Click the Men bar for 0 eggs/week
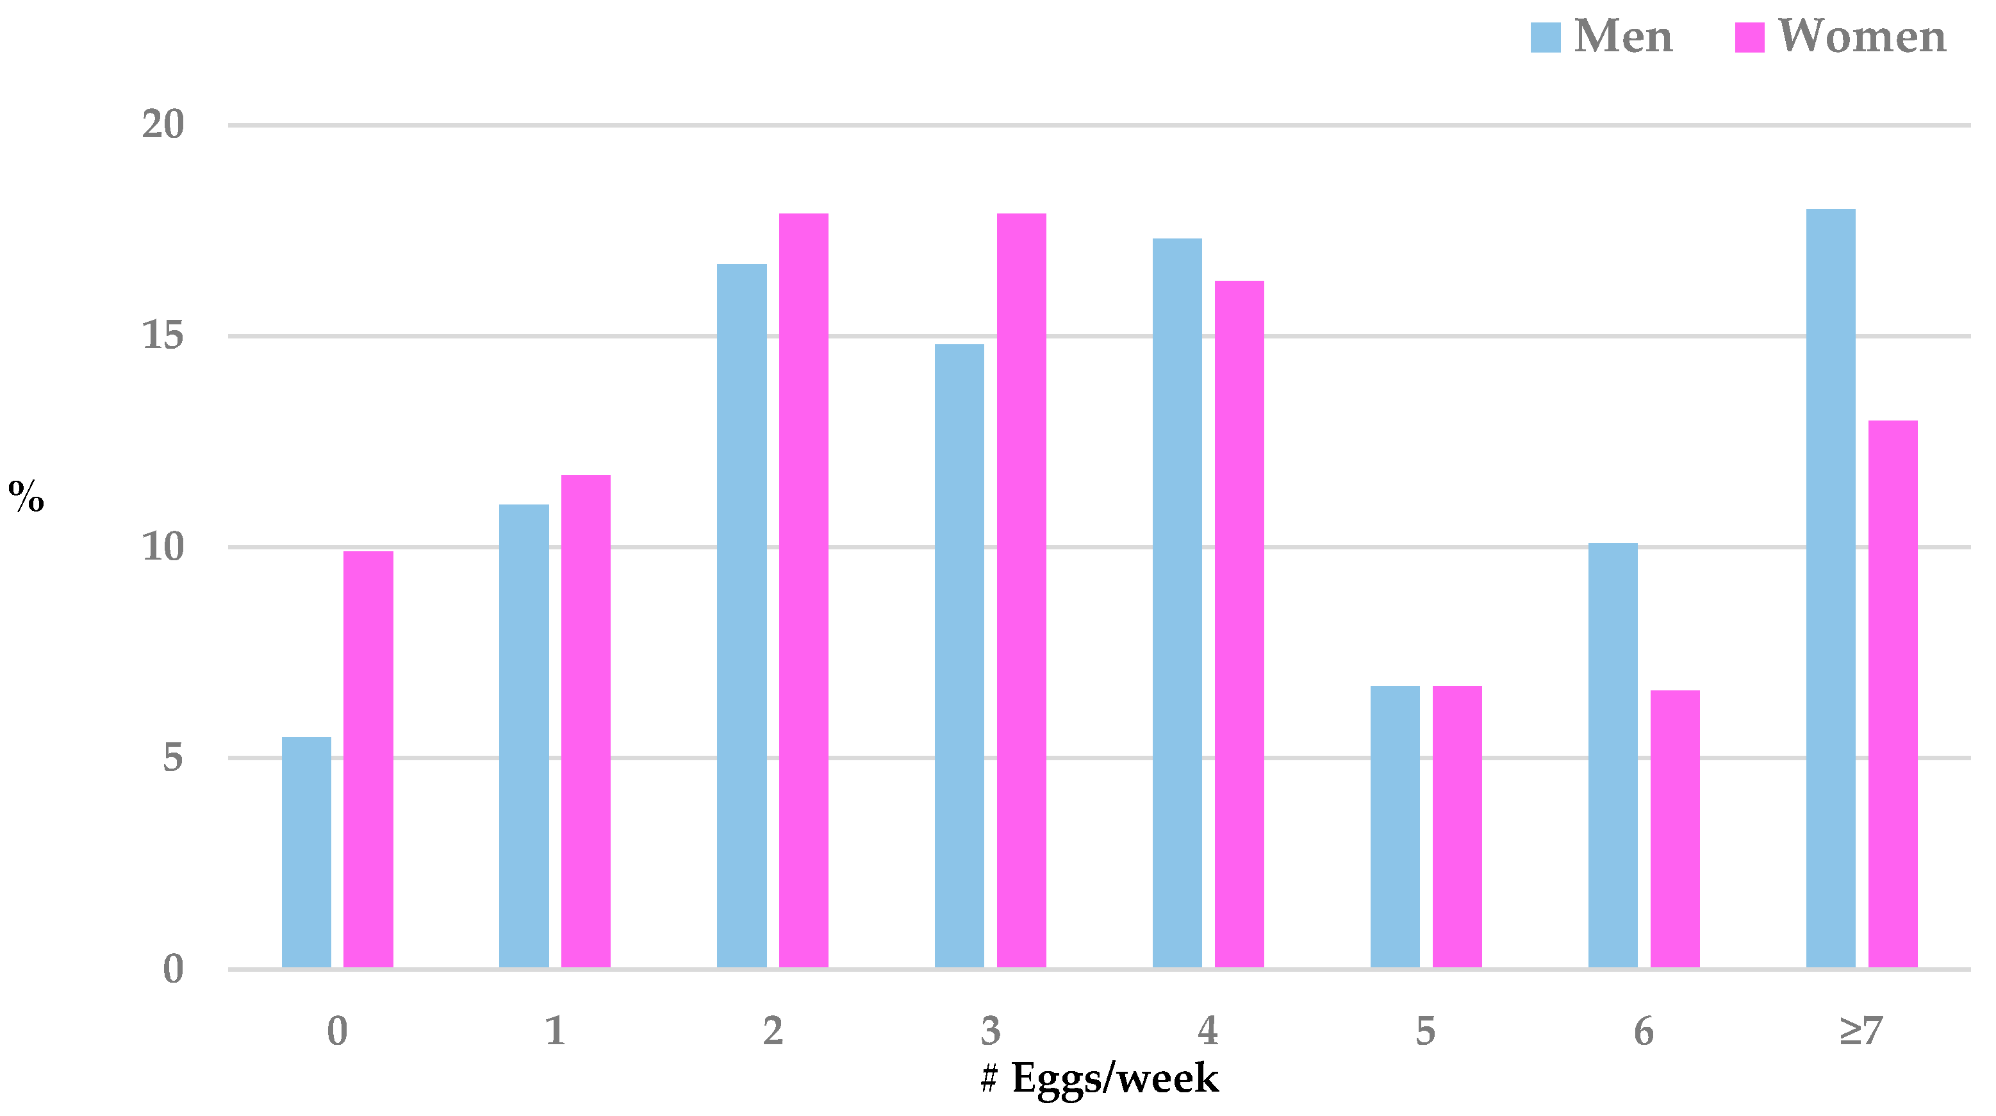pos(306,852)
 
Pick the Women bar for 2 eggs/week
pos(804,590)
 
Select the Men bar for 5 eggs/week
pos(1395,826)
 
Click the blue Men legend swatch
pos(1545,37)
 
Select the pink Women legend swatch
pos(1749,37)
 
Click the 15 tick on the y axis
pos(163,336)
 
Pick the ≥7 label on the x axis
pos(1861,1031)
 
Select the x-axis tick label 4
pos(1208,1031)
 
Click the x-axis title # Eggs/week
pos(1100,1078)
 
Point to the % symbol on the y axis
pos(26,496)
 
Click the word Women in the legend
pos(1861,37)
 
